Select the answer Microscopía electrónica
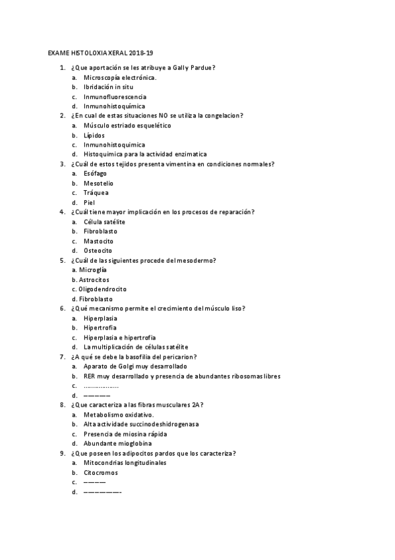click(x=119, y=77)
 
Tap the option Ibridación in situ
click(x=108, y=87)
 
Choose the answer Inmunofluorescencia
click(x=115, y=96)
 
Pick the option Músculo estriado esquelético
click(x=127, y=125)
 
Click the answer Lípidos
click(x=94, y=135)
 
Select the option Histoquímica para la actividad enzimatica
click(x=144, y=154)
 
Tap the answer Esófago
click(x=95, y=174)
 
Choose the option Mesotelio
click(x=98, y=183)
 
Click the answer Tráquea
click(x=96, y=193)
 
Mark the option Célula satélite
click(x=104, y=222)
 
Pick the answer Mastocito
click(x=98, y=241)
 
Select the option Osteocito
click(x=98, y=251)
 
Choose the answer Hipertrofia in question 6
click(x=100, y=328)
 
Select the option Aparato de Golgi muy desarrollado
click(x=135, y=366)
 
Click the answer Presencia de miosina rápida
click(x=125, y=434)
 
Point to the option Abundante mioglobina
click(x=117, y=444)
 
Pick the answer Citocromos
click(x=100, y=473)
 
